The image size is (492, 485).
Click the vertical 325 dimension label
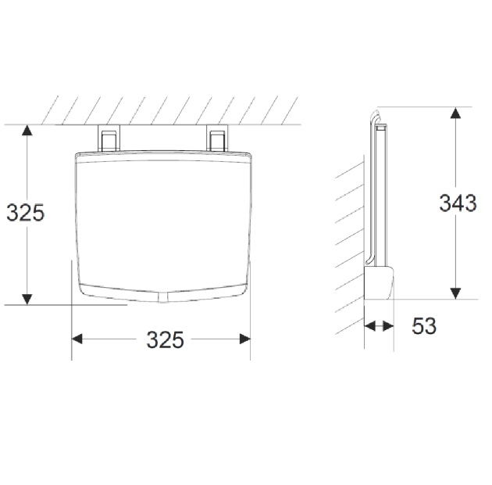click(x=26, y=213)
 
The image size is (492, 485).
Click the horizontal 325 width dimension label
click(x=165, y=339)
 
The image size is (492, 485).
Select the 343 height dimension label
click(x=458, y=203)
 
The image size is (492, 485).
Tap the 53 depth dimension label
click(x=424, y=326)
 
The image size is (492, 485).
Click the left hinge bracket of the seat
click(x=109, y=138)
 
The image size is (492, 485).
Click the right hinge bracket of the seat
click(x=217, y=138)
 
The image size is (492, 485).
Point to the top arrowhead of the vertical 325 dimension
click(x=27, y=130)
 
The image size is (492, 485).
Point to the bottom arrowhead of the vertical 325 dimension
click(x=27, y=300)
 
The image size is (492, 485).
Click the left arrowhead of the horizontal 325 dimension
click(x=77, y=339)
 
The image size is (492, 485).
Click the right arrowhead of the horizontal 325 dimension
click(x=245, y=339)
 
